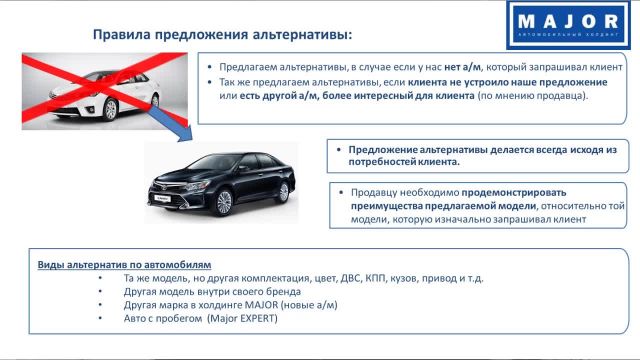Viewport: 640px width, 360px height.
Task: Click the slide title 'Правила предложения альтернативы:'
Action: (x=222, y=36)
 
